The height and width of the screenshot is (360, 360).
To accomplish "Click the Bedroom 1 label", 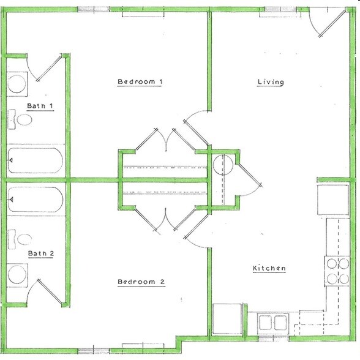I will [x=140, y=82].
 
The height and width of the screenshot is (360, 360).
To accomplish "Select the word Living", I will [x=270, y=82].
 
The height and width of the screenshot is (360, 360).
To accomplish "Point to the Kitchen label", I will [x=269, y=269].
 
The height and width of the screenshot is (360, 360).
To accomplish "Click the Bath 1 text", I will [x=40, y=107].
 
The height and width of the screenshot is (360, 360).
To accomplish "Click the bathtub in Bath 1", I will [x=35, y=161].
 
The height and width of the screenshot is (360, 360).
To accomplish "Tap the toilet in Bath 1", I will [x=22, y=120].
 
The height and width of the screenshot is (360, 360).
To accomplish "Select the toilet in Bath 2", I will [x=22, y=238].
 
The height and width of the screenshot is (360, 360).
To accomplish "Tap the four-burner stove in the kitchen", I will [x=335, y=271].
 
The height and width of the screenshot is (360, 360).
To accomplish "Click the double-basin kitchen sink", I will [x=273, y=322].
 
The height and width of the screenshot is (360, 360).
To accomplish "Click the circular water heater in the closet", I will [x=222, y=165].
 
